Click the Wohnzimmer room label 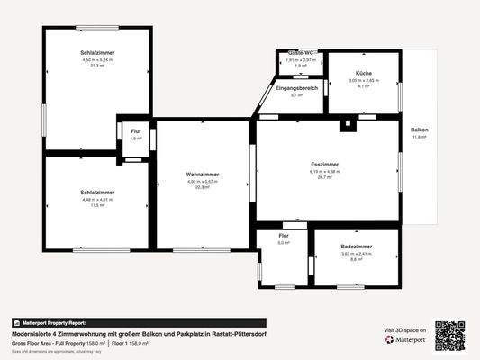203,174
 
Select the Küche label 364,72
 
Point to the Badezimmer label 357,246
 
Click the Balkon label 420,130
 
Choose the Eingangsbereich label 296,87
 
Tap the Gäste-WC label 300,54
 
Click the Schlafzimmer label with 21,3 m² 96,53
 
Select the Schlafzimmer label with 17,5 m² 95,193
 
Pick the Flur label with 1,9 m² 135,132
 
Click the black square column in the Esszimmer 345,127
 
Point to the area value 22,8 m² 203,187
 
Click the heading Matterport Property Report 53,322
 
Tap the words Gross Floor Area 32,343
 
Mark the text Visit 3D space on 403,331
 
